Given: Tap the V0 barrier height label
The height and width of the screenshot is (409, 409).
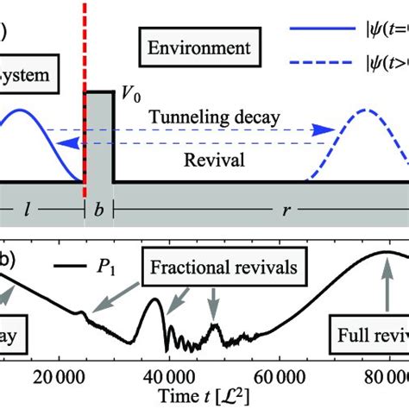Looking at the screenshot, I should [x=130, y=99].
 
